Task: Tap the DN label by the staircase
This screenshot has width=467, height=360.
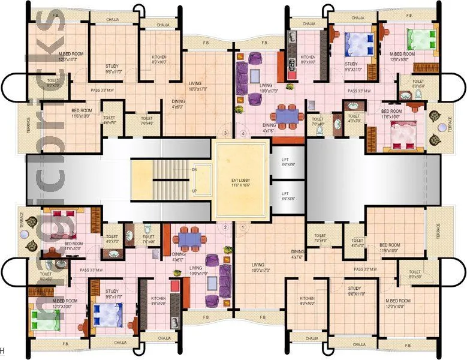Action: pos(194,170)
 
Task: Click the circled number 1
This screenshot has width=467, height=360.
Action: pos(243,227)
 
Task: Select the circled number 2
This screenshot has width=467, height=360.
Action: pos(225,227)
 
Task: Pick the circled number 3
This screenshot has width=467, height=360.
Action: pos(225,133)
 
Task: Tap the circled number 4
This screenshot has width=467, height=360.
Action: pos(243,133)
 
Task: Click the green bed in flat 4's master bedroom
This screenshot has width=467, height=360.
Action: pos(418,40)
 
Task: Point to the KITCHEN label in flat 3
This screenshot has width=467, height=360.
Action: pos(158,58)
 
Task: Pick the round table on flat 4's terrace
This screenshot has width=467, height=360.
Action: pos(442,127)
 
